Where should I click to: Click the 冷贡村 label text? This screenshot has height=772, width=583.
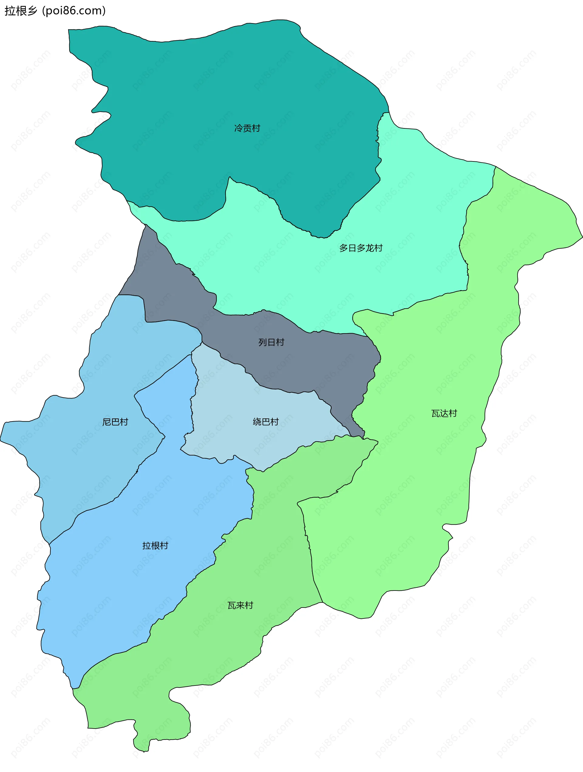[247, 128]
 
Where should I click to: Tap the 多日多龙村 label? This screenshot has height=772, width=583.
[361, 248]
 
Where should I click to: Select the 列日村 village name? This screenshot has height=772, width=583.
[271, 342]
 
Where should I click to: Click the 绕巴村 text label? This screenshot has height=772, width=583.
[265, 422]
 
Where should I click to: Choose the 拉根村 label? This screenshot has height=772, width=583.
[155, 546]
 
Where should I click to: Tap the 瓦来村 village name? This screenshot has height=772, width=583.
[240, 605]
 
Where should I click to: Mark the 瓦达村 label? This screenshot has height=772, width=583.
[444, 414]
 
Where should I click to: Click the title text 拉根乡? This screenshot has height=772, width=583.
[21, 11]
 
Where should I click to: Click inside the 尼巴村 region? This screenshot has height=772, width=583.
[87, 454]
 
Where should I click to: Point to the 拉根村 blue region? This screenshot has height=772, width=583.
[122, 593]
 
